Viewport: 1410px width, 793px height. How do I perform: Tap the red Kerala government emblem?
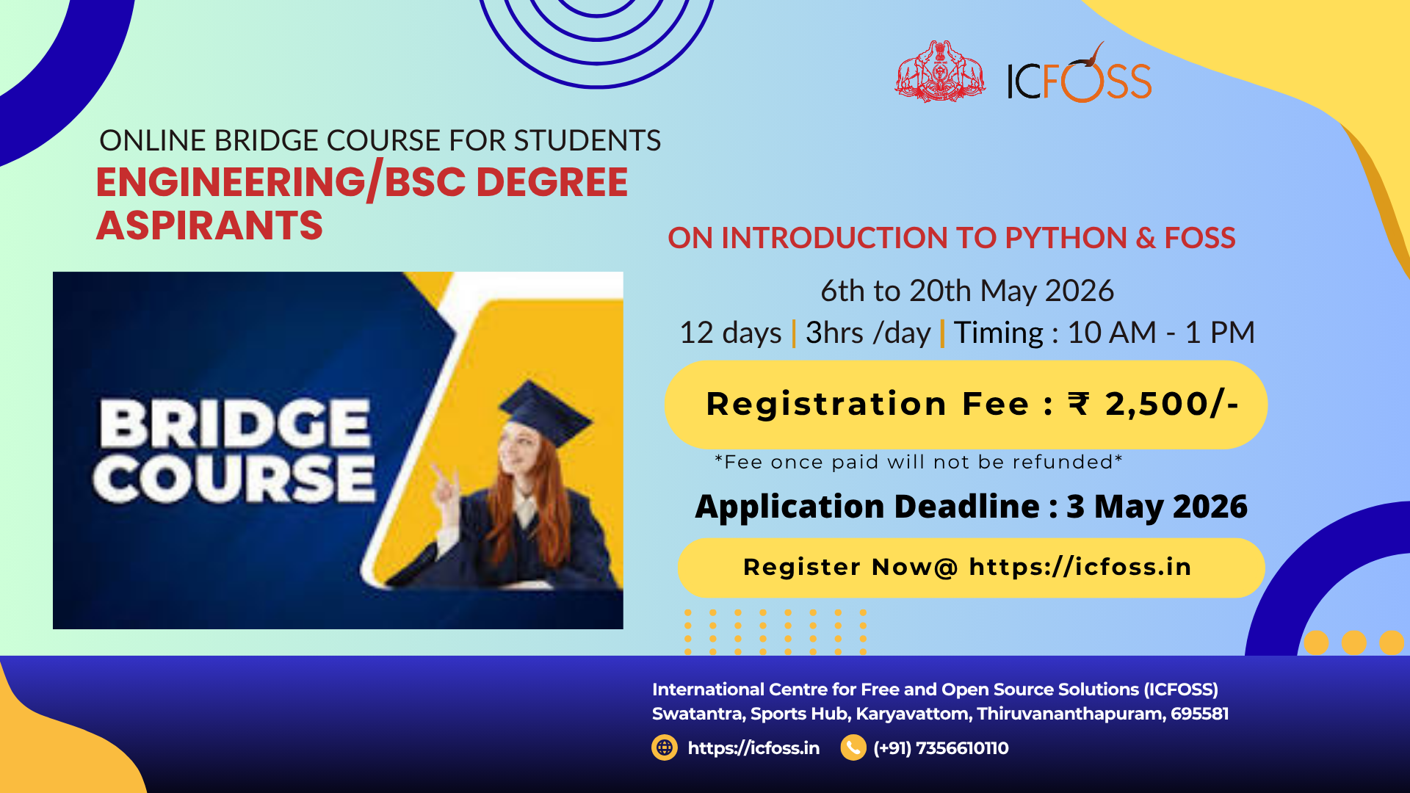(940, 71)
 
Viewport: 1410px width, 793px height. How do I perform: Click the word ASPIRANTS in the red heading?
(209, 225)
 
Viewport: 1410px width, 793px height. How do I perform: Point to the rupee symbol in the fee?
(1079, 404)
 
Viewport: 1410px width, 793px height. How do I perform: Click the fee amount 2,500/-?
(1172, 404)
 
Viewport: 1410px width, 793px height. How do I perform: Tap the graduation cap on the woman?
(544, 411)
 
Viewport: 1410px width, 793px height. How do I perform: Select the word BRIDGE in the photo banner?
(235, 424)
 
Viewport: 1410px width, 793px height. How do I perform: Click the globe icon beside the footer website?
(665, 747)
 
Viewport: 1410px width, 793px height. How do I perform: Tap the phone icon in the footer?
(853, 747)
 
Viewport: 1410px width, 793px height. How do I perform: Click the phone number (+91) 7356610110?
(941, 748)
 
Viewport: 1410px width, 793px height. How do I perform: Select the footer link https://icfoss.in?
(753, 748)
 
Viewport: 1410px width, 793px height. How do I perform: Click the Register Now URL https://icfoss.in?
(1080, 567)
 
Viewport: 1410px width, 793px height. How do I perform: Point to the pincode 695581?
(1200, 714)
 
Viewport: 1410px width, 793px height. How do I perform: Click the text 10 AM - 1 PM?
(1161, 333)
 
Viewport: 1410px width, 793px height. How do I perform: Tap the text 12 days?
(731, 333)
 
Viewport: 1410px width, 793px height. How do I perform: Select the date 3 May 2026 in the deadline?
(1157, 507)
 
